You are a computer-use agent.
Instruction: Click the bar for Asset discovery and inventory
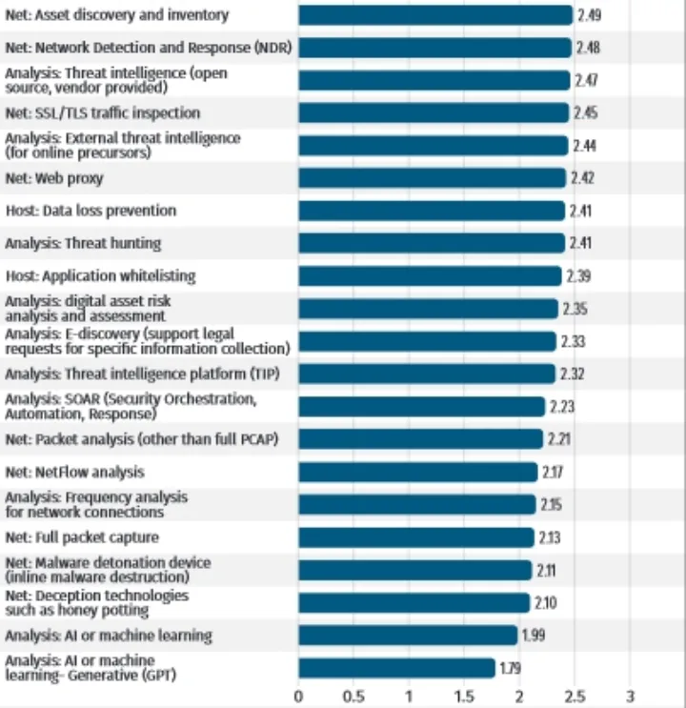point(435,14)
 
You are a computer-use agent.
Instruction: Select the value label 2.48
point(588,48)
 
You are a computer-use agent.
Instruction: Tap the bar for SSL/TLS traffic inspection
point(434,112)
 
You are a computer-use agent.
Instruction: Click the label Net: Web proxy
point(54,178)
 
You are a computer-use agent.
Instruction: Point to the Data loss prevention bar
point(432,211)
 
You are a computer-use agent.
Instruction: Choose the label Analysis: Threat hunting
point(83,243)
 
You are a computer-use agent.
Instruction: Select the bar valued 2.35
point(428,309)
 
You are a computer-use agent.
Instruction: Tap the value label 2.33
point(573,341)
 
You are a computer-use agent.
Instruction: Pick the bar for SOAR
point(421,407)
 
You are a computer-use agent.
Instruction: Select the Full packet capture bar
point(416,537)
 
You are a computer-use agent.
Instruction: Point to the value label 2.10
point(546,602)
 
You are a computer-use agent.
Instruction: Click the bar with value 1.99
point(408,636)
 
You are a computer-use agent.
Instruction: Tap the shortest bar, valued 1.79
point(397,668)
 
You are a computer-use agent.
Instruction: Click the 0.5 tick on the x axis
point(353,695)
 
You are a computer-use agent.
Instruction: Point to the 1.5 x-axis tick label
point(464,695)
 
